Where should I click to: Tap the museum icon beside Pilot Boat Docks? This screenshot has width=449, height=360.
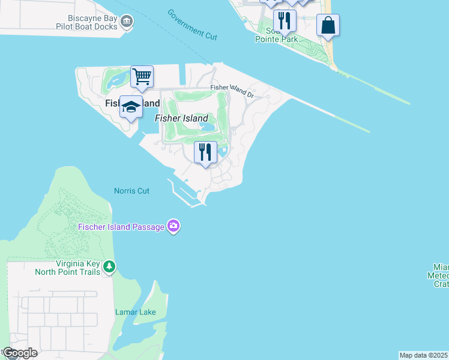pos(127,22)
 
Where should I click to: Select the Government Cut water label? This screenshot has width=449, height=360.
pos(192,25)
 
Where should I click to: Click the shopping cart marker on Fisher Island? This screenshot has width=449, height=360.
pos(142,77)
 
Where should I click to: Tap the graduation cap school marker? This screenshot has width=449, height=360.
pos(131,107)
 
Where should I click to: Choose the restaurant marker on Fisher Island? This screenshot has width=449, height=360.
pos(205,152)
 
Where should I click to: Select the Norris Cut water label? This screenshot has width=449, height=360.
pos(131,191)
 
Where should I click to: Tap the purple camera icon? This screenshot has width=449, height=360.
pos(174,226)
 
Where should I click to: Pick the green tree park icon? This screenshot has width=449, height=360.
pos(109,266)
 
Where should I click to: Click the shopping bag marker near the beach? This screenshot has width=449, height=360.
pos(328,25)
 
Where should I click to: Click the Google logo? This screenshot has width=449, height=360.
pos(19,353)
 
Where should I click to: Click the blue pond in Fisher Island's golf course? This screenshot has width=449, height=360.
pos(208,127)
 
